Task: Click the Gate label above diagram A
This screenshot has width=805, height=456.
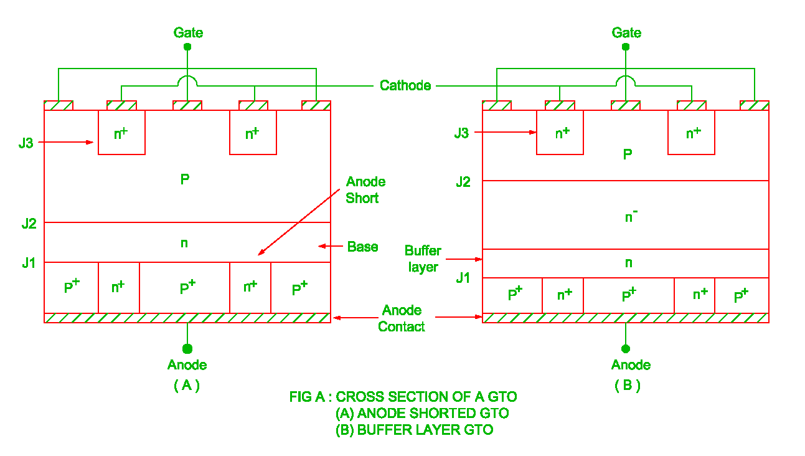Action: (188, 32)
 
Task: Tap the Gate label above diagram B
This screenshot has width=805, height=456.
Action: (626, 32)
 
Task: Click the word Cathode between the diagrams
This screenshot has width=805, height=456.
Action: (405, 85)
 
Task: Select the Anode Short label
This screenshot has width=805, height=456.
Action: (365, 190)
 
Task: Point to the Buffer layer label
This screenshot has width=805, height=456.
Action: (423, 259)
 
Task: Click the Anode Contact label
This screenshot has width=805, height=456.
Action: (402, 318)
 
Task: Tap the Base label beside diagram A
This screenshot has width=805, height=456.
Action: (362, 247)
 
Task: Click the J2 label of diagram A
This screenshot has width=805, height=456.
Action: (29, 224)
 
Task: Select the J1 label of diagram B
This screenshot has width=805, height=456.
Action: (463, 278)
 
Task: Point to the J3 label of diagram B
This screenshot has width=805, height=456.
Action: (461, 133)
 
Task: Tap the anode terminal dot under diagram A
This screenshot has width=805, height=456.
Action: (187, 348)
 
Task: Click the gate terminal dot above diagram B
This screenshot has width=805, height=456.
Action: (626, 47)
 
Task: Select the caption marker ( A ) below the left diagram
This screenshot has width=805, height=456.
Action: (187, 386)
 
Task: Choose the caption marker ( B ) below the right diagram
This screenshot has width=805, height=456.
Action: (627, 386)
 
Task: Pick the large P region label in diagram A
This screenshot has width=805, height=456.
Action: (184, 179)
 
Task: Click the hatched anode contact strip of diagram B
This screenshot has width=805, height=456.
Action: (626, 318)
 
